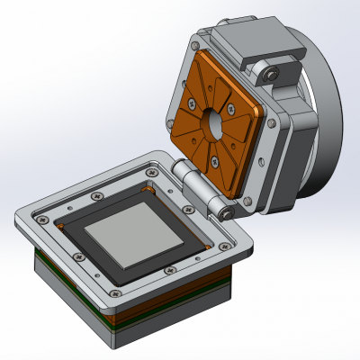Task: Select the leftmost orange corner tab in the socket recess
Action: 61,225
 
